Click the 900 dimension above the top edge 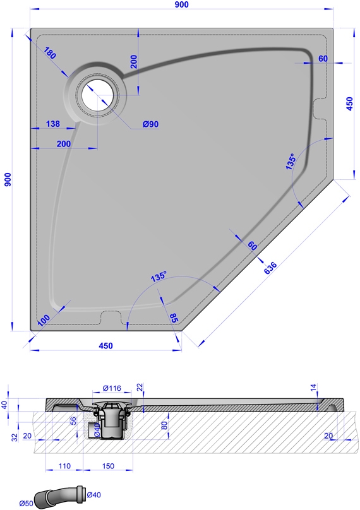click(x=181, y=4)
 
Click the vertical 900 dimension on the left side click(x=8, y=179)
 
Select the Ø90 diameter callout click(x=150, y=124)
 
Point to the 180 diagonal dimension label click(x=50, y=52)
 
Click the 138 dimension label click(x=52, y=124)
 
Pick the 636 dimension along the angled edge click(x=270, y=268)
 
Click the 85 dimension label click(x=174, y=317)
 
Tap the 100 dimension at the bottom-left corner click(x=44, y=320)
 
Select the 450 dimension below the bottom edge click(x=105, y=345)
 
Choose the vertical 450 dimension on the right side click(x=350, y=104)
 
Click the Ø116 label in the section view click(x=112, y=388)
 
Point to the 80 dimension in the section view click(x=164, y=425)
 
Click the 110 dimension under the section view click(x=64, y=466)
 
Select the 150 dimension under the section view click(x=108, y=466)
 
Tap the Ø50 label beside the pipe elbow click(x=26, y=504)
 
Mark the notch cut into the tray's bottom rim click(x=111, y=317)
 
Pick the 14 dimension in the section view click(x=313, y=388)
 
